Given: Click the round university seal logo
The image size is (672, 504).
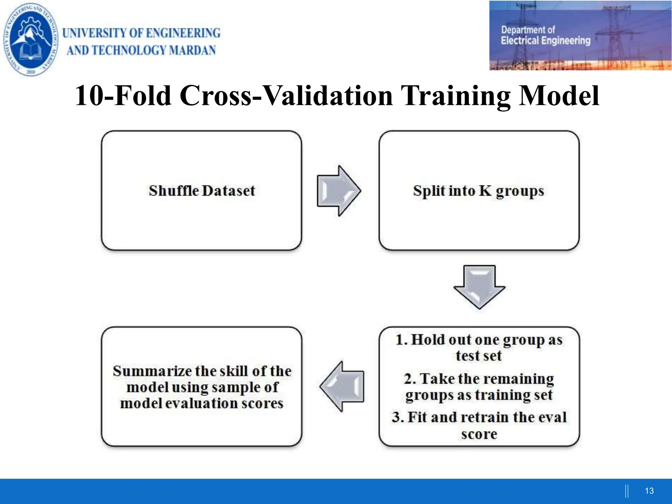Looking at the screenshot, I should (31, 39).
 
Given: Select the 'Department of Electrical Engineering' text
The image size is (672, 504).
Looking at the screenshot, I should (545, 35).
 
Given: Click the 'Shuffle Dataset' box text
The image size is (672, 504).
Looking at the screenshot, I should (202, 191).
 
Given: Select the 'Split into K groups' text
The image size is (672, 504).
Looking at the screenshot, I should (478, 191).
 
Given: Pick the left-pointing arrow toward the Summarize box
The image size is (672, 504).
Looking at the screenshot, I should (342, 387).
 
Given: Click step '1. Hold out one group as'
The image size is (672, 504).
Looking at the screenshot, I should (479, 340).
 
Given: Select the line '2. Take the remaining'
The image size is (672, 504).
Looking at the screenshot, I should (479, 379).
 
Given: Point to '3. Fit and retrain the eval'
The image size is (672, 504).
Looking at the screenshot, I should (479, 417).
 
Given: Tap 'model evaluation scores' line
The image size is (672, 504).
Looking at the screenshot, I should (202, 403).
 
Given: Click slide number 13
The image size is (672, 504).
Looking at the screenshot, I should (649, 491).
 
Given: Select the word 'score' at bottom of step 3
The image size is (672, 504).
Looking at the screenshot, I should (479, 434).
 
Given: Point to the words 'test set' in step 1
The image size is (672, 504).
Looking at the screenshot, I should (479, 356).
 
